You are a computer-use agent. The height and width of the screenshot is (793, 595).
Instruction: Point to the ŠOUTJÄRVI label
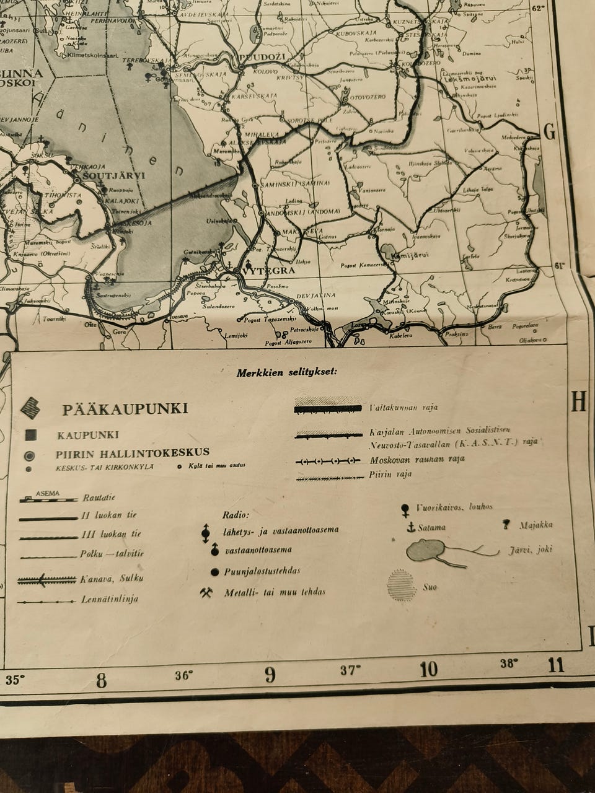click(x=116, y=175)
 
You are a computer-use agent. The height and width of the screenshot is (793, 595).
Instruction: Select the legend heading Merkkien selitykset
click(x=286, y=373)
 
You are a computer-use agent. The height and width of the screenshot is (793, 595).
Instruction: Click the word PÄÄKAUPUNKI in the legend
click(x=125, y=410)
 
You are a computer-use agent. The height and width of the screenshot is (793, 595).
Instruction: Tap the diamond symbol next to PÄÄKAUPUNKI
click(x=31, y=408)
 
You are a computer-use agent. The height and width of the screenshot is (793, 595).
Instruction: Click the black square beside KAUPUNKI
click(x=30, y=436)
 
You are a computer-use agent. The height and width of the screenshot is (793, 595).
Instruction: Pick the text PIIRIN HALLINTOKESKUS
click(x=132, y=453)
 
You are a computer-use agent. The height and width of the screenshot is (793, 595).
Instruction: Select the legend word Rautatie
click(x=99, y=497)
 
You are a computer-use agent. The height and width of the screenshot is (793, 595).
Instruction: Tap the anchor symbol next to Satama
click(x=410, y=527)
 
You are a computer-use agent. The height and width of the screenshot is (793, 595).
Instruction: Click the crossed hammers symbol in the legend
click(x=206, y=592)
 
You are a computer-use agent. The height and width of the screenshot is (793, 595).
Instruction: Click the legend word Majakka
click(x=536, y=525)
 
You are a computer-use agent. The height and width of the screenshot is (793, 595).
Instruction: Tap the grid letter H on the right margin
click(x=578, y=403)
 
